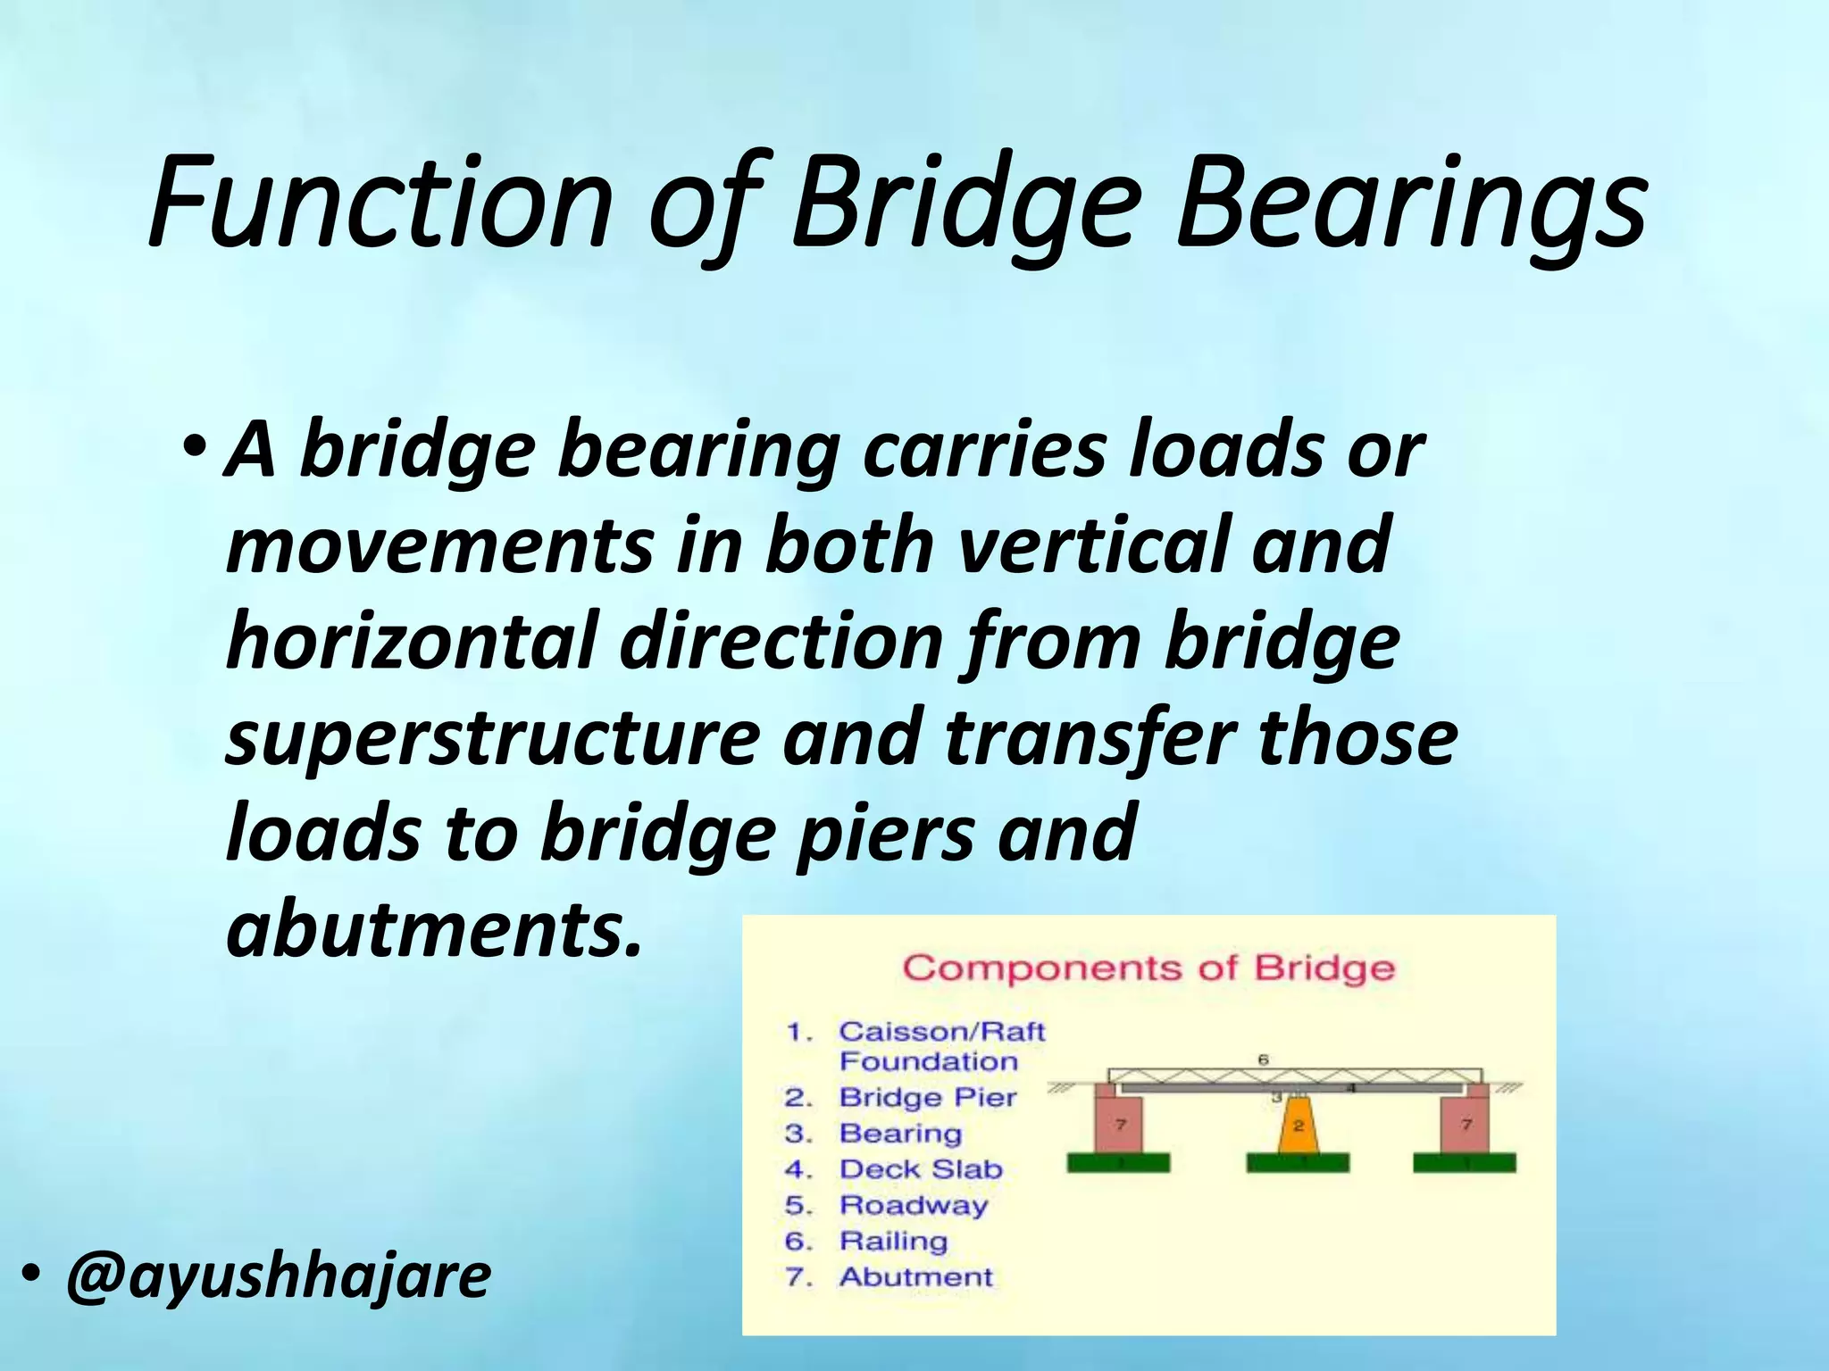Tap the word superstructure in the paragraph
pos(492,739)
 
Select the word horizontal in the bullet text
pos(409,641)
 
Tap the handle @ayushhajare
pos(278,1275)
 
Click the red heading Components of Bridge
pos(1148,968)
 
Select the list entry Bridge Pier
pos(927,1097)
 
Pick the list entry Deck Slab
pos(921,1169)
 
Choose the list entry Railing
pos(893,1241)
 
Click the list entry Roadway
pos(914,1205)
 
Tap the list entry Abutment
pos(915,1277)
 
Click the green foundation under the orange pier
pos(1298,1162)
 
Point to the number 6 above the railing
pos(1263,1059)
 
